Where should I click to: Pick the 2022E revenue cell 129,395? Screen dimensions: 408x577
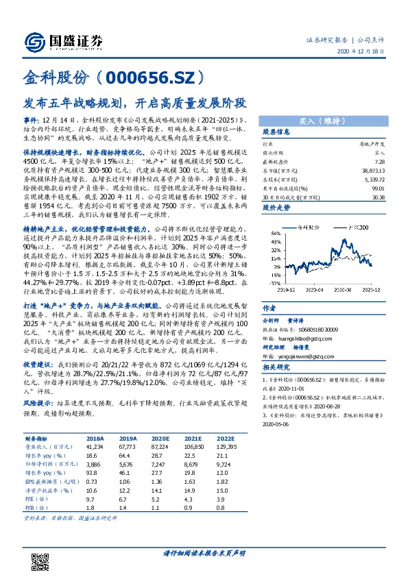[226, 445]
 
